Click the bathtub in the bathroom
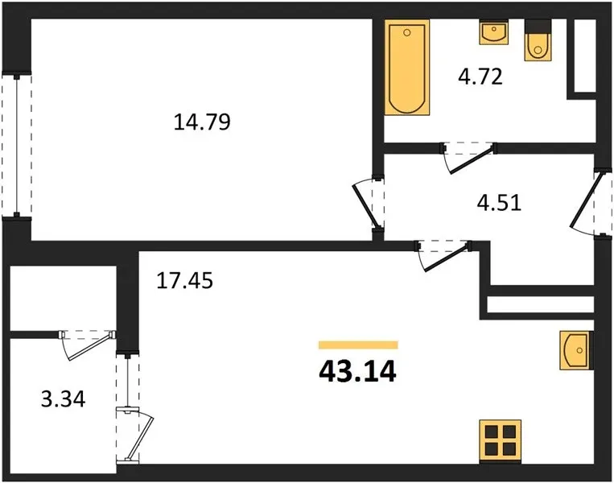click(407, 68)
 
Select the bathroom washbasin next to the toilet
click(494, 32)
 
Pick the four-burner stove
click(501, 441)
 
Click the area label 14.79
click(202, 122)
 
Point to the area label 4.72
click(480, 76)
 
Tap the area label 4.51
click(499, 204)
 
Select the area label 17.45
click(184, 280)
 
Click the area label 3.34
click(63, 400)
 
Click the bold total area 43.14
click(358, 372)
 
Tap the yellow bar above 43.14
click(358, 345)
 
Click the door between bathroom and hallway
click(468, 157)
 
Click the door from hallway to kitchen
click(443, 254)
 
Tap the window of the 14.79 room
click(16, 145)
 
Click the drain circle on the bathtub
click(407, 32)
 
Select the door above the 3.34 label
click(88, 345)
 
